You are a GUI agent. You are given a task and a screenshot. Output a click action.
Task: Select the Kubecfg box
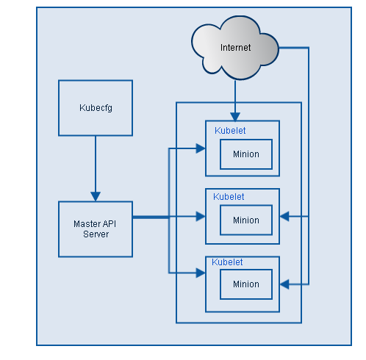(x=96, y=108)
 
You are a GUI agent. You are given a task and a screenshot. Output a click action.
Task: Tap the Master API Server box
(x=96, y=229)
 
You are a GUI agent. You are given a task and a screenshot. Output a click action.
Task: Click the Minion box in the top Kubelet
(x=246, y=154)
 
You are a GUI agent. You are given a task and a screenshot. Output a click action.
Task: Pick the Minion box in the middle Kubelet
(x=246, y=220)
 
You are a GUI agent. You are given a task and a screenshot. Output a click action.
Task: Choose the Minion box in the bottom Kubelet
(x=246, y=284)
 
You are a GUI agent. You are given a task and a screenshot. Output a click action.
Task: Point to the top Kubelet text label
(x=230, y=131)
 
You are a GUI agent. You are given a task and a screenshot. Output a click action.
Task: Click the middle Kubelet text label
(x=229, y=197)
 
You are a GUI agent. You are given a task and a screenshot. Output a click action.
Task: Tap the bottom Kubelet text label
(x=227, y=262)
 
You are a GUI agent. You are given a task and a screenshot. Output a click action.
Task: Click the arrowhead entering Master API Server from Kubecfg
(x=96, y=196)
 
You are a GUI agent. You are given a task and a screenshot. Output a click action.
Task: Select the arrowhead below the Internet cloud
(x=235, y=115)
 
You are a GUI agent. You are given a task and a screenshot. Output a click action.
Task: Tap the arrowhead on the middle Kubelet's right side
(x=285, y=217)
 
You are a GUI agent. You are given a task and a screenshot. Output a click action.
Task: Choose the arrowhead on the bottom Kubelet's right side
(x=285, y=284)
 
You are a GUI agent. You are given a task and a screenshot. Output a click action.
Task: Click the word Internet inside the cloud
(x=235, y=48)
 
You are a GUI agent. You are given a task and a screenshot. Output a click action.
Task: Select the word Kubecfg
(x=96, y=108)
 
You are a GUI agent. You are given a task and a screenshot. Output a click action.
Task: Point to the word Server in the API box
(x=96, y=234)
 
